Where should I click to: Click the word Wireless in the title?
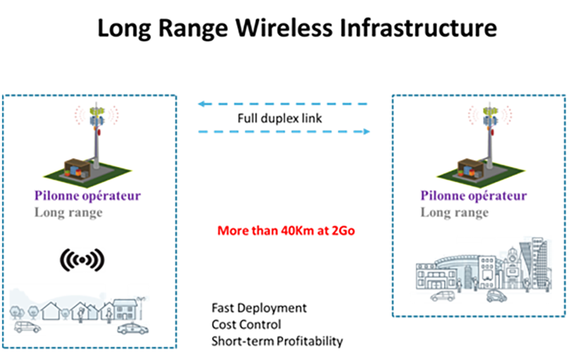(283, 28)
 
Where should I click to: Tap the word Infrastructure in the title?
(418, 28)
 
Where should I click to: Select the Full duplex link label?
(279, 118)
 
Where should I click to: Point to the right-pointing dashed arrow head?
(366, 132)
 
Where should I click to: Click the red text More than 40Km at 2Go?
(286, 231)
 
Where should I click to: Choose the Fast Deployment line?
(259, 308)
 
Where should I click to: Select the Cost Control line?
(246, 325)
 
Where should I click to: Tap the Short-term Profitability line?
(278, 341)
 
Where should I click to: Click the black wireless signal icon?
(82, 260)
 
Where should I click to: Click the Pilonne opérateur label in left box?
(87, 196)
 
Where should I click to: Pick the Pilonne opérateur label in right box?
(473, 196)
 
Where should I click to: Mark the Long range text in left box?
(68, 212)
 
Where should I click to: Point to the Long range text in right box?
(455, 212)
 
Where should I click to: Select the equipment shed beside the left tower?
(77, 168)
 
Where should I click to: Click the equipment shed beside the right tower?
(470, 168)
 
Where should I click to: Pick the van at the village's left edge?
(27, 326)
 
